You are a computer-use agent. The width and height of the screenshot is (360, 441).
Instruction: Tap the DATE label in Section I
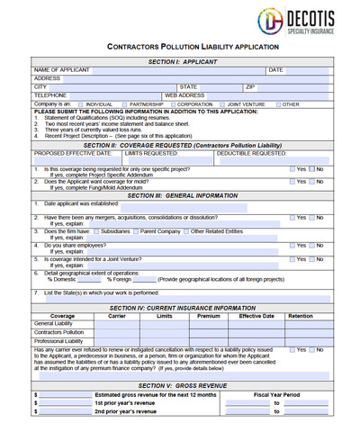click(x=275, y=68)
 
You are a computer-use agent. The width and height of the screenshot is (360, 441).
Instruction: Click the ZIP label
click(x=251, y=86)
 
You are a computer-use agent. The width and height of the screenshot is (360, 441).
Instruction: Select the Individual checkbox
click(x=78, y=104)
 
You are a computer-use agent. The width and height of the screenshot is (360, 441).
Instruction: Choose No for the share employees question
click(x=313, y=245)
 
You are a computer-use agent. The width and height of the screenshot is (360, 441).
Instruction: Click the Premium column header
click(x=209, y=316)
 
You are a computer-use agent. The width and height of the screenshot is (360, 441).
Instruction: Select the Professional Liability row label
click(x=58, y=341)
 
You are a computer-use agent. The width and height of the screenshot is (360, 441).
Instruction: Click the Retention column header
click(x=300, y=316)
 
